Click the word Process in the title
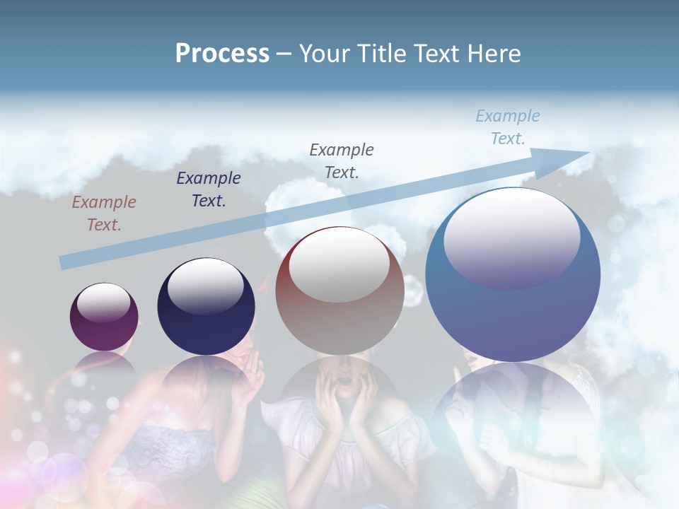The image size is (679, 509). point(222,53)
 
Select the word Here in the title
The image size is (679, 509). point(496,53)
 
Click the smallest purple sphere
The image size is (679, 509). point(104,317)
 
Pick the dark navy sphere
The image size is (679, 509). point(206,308)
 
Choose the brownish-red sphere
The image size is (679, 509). point(339,291)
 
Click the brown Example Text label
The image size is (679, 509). point(103,213)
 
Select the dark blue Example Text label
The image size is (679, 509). point(209,189)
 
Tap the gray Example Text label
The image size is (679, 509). point(342,160)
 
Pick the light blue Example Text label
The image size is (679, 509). point(508,127)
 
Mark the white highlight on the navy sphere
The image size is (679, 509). point(205,286)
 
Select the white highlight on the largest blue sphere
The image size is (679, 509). point(511,237)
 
